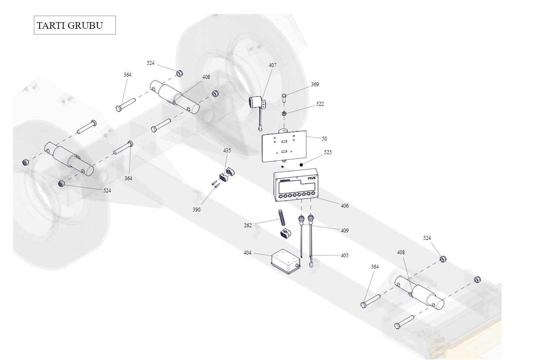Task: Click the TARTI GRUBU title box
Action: click(x=74, y=25)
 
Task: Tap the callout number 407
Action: click(x=272, y=65)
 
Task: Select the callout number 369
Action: click(x=315, y=84)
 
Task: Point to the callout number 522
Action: click(x=320, y=104)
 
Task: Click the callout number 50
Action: click(x=324, y=139)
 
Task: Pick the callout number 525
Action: click(x=328, y=153)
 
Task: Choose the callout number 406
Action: click(x=344, y=206)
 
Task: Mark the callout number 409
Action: click(x=344, y=231)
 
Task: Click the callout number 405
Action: click(x=344, y=256)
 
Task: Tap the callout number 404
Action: click(x=247, y=253)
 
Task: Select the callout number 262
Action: click(x=248, y=225)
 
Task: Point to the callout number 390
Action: click(x=197, y=210)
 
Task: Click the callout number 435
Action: click(x=227, y=151)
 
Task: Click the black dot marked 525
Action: click(x=301, y=165)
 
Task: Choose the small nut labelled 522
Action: click(x=284, y=114)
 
